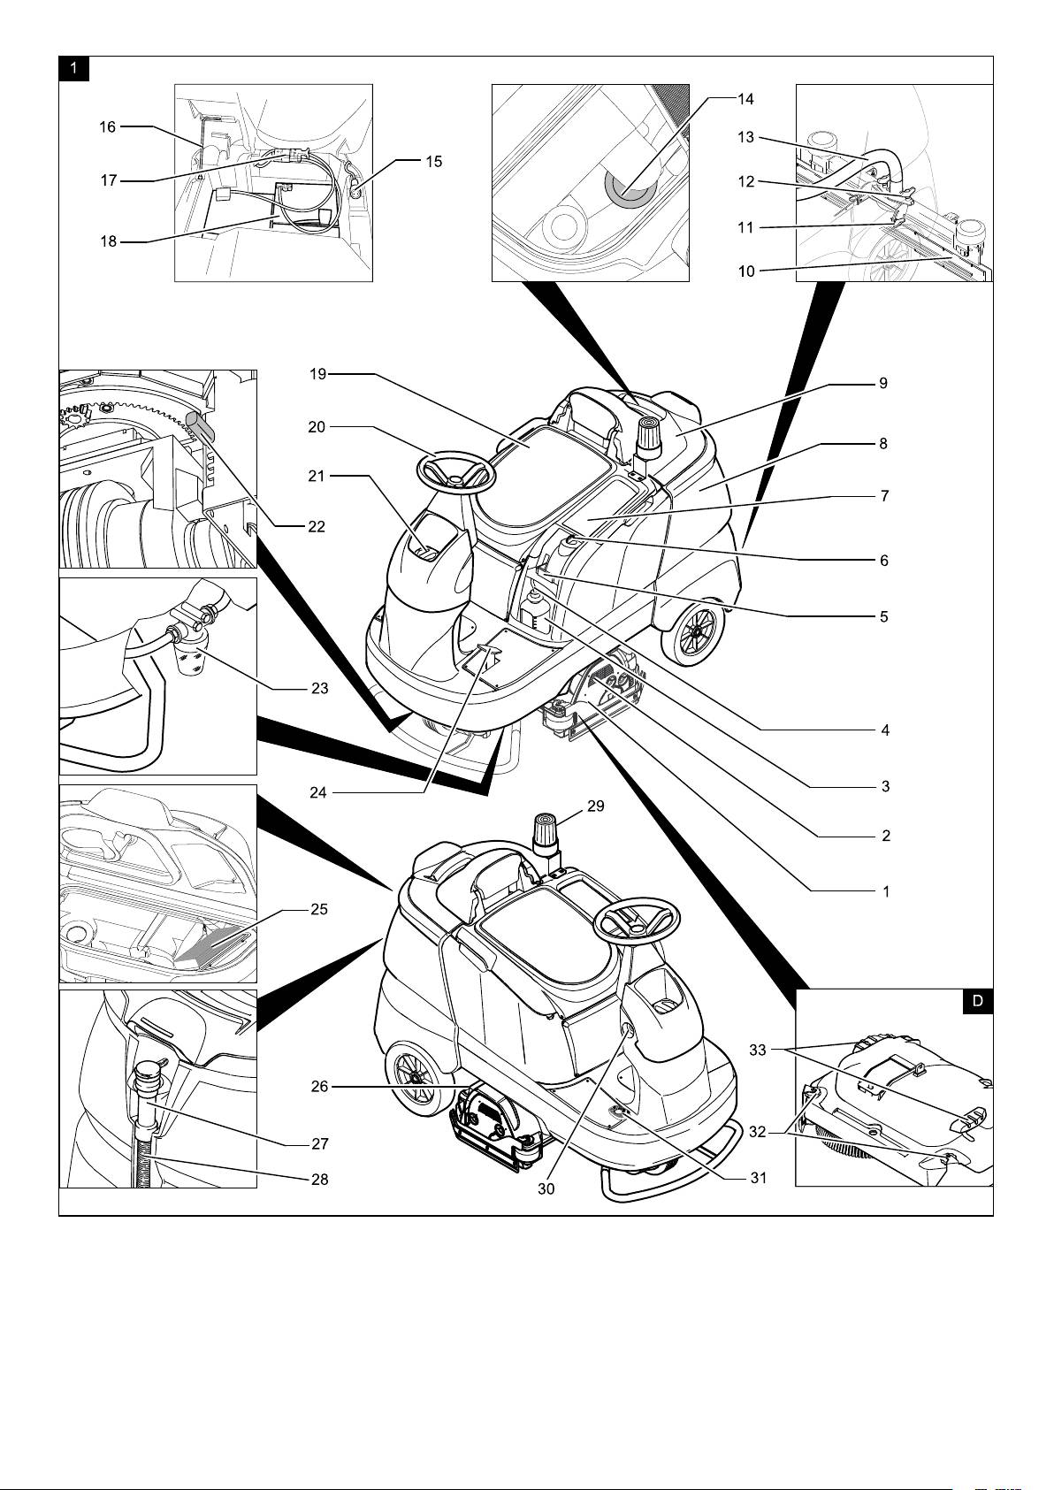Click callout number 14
745,99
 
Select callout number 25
319,909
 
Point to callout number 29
596,806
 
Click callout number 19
317,374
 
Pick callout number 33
758,1050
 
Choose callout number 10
746,271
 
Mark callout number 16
107,127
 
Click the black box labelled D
977,1001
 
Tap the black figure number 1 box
74,68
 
